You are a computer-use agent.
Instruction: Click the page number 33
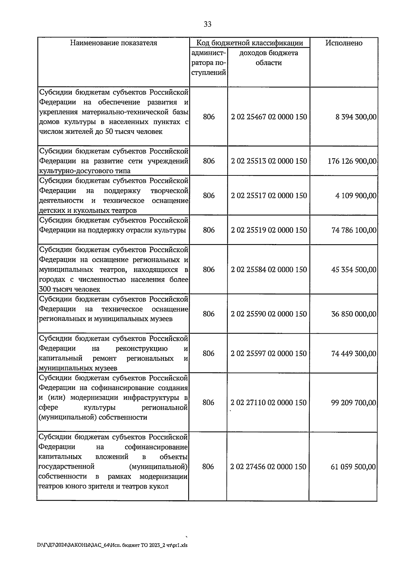[x=207, y=24]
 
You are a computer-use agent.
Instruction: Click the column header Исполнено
[x=343, y=43]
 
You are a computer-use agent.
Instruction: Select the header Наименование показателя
[x=113, y=43]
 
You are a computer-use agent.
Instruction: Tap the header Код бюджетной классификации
[x=249, y=43]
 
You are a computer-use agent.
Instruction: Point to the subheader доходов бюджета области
[x=268, y=58]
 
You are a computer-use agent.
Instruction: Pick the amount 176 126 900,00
[x=352, y=161]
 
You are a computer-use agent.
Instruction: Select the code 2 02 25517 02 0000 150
[x=269, y=196]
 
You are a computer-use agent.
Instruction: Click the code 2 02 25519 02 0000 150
[x=269, y=230]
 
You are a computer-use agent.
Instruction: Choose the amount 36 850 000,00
[x=354, y=314]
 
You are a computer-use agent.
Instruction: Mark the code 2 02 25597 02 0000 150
[x=269, y=354]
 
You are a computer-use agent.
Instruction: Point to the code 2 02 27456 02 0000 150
[x=268, y=467]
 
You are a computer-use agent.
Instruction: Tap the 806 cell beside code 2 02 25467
[x=209, y=117]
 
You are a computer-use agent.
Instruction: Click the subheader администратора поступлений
[x=209, y=63]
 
